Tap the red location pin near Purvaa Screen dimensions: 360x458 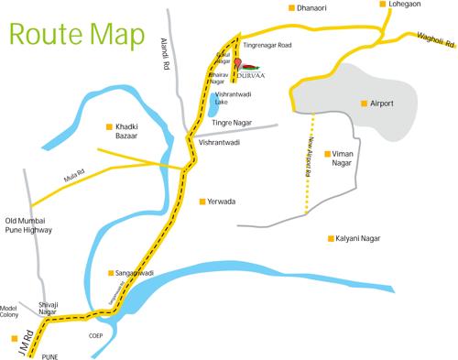236,64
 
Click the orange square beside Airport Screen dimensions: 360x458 365,104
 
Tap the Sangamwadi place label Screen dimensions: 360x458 133,273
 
